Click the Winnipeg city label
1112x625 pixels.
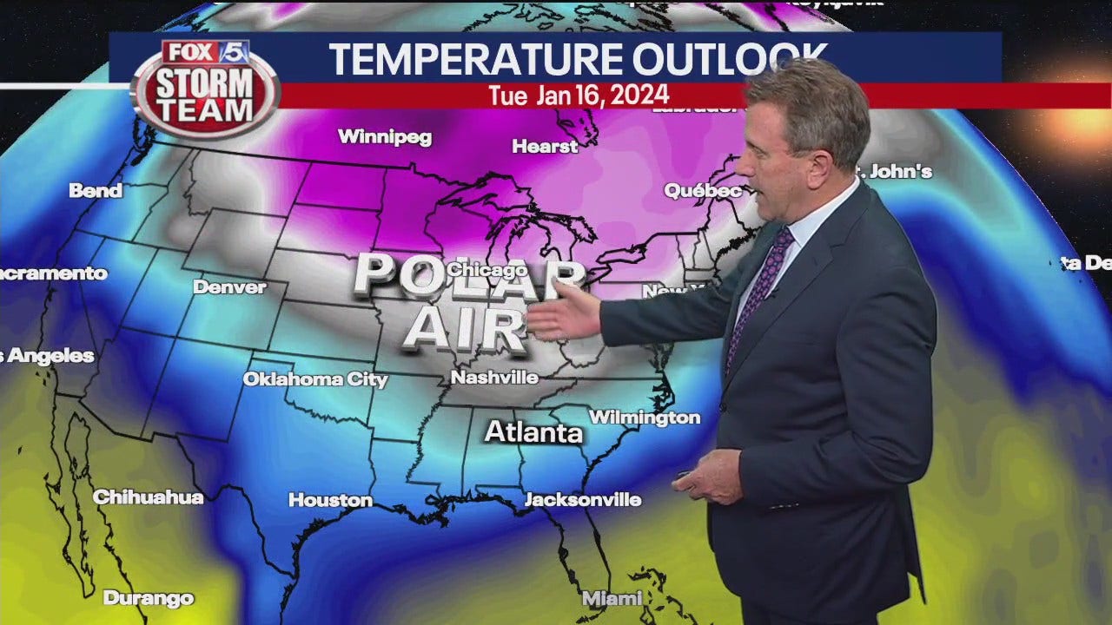384,137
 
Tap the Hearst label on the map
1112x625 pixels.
545,147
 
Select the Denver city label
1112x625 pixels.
229,286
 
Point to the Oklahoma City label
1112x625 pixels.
314,379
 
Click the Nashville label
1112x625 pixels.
494,378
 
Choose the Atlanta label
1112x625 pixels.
533,432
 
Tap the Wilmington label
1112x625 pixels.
645,418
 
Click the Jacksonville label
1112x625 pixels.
583,500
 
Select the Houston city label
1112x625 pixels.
330,500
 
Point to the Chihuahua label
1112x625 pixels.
148,497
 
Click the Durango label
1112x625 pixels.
149,598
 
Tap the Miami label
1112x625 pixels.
612,598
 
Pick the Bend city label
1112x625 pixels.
96,191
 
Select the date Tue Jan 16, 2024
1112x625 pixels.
579,95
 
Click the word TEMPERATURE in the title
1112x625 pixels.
475,59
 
